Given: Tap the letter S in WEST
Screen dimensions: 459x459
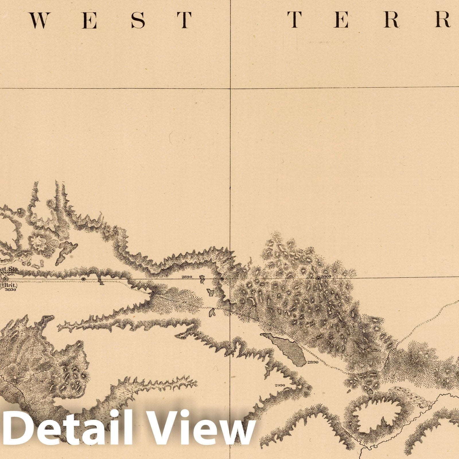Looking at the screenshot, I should pos(138,20).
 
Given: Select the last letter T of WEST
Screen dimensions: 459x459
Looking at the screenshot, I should pos(184,20).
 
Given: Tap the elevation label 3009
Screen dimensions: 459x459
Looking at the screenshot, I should pos(327,276).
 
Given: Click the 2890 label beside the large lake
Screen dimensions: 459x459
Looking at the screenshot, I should pos(313,362).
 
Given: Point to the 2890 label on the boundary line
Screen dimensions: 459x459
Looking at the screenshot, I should pos(186,277).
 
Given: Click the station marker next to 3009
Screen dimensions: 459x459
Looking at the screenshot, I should pos(318,279).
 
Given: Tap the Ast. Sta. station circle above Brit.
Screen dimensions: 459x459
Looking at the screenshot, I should pos(5,279).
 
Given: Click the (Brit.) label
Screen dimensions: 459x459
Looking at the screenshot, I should pos(10,285).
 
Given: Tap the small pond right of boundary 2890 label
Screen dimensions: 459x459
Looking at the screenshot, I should pos(203,278).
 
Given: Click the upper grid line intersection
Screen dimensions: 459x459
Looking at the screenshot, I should pos(230,88).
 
